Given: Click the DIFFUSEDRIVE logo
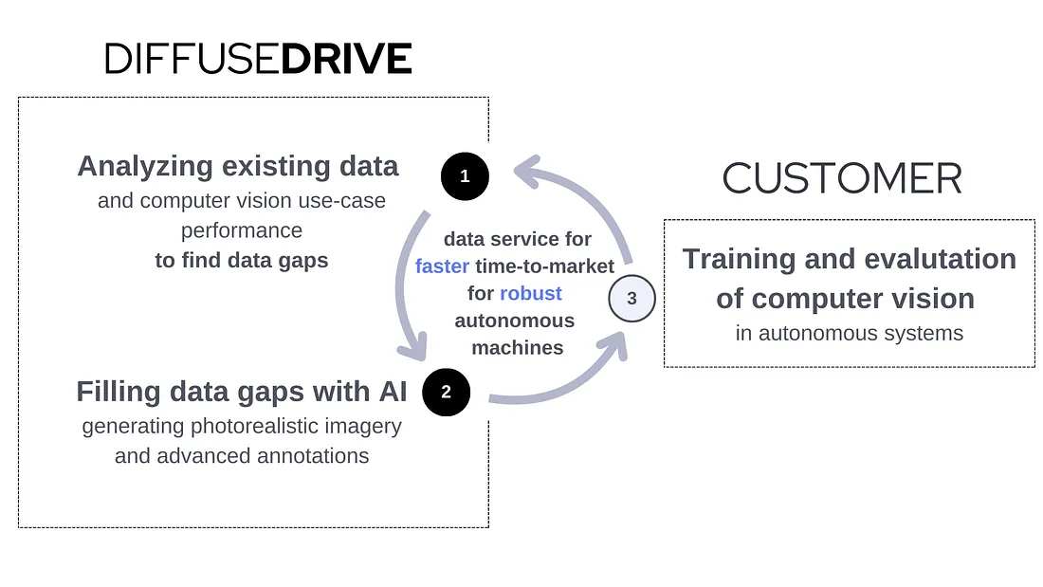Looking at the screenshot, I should click(x=258, y=59).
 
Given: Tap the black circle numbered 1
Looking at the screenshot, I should click(x=465, y=175).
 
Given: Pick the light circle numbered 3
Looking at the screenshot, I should click(x=631, y=299).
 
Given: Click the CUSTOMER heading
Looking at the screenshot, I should click(x=842, y=178).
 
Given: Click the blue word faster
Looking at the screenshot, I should click(x=442, y=266).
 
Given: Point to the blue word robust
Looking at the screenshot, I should click(x=531, y=293).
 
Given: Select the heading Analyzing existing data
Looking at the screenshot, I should click(x=238, y=166).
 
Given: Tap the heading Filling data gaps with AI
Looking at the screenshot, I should click(x=241, y=391).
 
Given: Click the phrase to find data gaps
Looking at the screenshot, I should click(x=242, y=260).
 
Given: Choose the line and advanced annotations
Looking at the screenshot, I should click(x=242, y=456).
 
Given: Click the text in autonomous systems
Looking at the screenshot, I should click(x=849, y=333).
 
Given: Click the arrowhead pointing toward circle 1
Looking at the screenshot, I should click(x=525, y=173).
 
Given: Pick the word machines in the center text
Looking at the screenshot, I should click(x=518, y=347).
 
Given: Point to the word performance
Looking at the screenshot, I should click(x=242, y=230).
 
